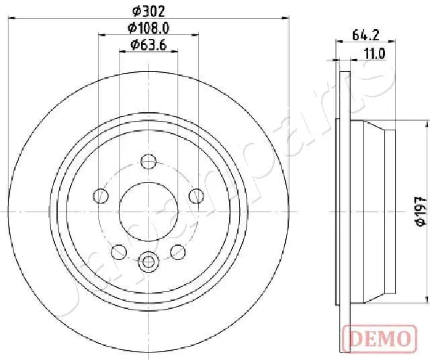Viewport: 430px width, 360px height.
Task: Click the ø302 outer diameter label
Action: (148, 11)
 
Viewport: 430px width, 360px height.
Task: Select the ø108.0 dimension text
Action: (148, 28)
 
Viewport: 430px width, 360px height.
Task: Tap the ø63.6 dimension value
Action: (148, 45)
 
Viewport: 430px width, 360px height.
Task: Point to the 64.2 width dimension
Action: (365, 35)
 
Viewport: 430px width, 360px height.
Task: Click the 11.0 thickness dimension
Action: (375, 54)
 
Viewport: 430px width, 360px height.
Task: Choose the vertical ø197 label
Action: (421, 211)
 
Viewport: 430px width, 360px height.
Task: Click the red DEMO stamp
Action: (380, 339)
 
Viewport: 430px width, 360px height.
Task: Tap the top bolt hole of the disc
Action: (148, 161)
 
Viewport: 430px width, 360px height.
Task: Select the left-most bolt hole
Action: (101, 196)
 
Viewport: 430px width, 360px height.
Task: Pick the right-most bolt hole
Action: (197, 196)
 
